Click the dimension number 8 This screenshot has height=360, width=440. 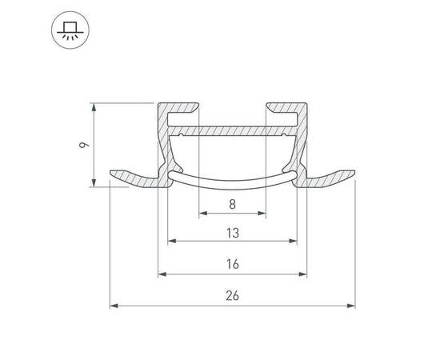pos(232,204)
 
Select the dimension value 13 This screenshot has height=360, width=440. pos(233,233)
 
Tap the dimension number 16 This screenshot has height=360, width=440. pos(233,264)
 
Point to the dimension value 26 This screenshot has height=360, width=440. pos(232,296)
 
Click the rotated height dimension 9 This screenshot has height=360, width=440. pos(84,145)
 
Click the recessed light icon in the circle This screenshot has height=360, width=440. pos(70,30)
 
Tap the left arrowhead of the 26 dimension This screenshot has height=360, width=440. pos(114,306)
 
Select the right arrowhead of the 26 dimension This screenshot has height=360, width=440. pos(351,306)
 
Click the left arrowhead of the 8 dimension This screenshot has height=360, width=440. pos(203,214)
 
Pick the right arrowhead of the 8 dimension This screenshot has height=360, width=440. pos(262,214)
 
